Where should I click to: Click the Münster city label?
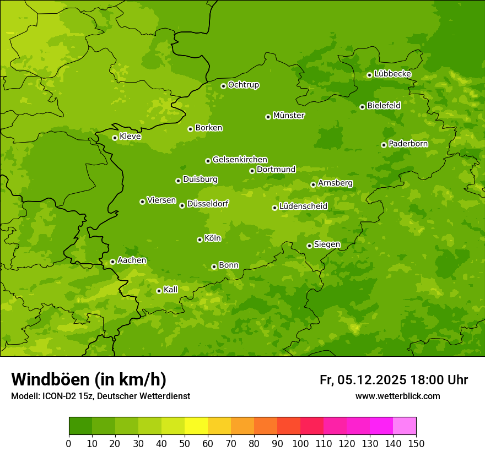click(288, 116)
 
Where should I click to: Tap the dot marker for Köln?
click(200, 240)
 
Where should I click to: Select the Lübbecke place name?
click(392, 74)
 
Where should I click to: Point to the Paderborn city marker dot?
click(384, 145)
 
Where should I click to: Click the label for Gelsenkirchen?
click(240, 160)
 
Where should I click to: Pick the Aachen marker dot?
click(112, 262)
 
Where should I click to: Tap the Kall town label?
click(171, 290)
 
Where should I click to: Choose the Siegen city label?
click(327, 244)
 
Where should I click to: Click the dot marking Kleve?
click(115, 138)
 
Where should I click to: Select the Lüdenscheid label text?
click(303, 206)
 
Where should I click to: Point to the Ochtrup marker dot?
click(223, 86)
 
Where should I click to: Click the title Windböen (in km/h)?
click(89, 379)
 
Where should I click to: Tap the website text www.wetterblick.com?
click(397, 396)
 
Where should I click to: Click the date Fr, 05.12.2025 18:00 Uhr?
click(394, 380)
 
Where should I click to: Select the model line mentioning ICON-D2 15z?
click(100, 396)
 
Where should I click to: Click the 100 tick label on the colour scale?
click(300, 444)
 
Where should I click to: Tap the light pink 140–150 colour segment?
click(405, 426)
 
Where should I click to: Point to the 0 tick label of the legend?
click(69, 444)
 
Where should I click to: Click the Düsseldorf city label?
click(207, 204)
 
